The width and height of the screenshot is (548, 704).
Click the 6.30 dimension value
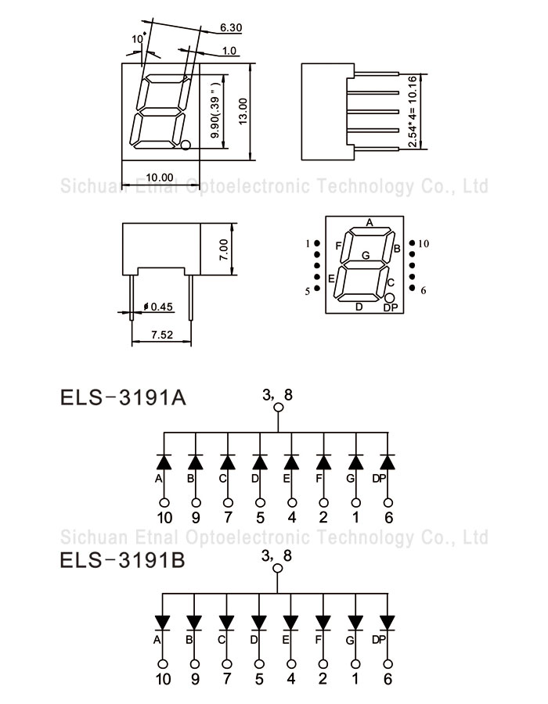click(x=231, y=27)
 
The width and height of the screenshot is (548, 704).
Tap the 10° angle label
click(x=139, y=39)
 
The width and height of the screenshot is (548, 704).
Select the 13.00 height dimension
click(x=243, y=111)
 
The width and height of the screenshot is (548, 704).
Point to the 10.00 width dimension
click(x=160, y=178)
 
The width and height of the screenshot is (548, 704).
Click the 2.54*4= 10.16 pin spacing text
click(x=413, y=111)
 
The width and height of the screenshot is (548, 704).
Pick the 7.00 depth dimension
click(x=223, y=250)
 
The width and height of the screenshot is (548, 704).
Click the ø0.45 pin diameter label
click(x=158, y=307)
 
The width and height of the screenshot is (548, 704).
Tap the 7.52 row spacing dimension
click(x=162, y=335)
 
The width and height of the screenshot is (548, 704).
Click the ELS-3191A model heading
click(x=123, y=397)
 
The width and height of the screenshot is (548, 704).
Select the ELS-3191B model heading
click(x=123, y=560)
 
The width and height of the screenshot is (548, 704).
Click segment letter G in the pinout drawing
click(x=366, y=255)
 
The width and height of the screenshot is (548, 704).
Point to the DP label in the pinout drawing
click(x=391, y=308)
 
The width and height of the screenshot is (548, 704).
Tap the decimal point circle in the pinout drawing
click(x=389, y=298)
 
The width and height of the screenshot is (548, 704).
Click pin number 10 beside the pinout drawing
click(x=424, y=244)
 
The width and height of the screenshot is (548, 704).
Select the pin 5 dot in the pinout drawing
click(x=317, y=288)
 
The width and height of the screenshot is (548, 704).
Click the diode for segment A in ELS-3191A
click(x=164, y=462)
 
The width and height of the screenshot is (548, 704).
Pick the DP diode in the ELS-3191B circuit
click(x=388, y=623)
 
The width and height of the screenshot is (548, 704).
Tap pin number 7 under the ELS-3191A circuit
click(x=228, y=518)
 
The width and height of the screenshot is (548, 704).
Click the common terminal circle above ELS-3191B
click(x=278, y=569)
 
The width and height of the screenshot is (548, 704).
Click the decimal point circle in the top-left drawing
click(x=186, y=145)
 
